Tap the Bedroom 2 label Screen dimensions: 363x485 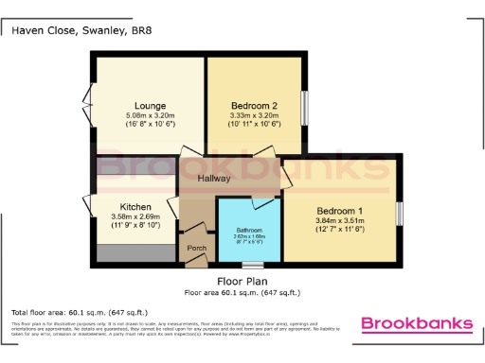[254, 105]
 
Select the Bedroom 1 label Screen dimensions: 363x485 [339, 210]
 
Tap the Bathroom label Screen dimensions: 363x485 [249, 230]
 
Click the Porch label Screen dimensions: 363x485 [197, 249]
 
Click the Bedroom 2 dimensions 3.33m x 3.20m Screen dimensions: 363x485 [254, 115]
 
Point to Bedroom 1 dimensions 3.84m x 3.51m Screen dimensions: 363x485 [339, 220]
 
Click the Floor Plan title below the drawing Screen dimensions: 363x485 [241, 282]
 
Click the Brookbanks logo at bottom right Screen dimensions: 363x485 [417, 324]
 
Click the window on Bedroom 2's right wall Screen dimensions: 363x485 [305, 105]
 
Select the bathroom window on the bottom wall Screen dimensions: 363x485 [251, 264]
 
